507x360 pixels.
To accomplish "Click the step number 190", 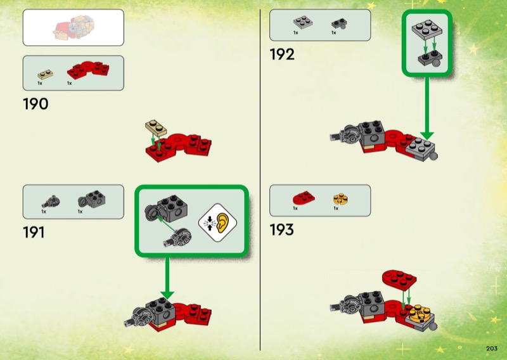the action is (35, 104).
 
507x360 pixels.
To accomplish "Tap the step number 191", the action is (34, 233).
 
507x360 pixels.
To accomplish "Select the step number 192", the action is (282, 55).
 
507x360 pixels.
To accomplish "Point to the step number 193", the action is (282, 229).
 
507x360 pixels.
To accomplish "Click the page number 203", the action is (491, 348).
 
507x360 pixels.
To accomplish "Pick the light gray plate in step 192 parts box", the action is (300, 22).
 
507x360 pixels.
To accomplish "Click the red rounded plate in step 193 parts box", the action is (302, 199).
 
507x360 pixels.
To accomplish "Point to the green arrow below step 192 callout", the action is (427, 114).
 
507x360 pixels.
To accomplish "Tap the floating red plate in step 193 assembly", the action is (399, 279).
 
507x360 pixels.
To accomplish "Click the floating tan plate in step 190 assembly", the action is (155, 127).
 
